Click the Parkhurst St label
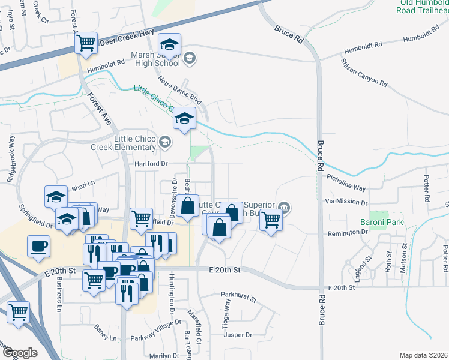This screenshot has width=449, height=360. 238,296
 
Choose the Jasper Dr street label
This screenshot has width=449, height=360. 238,335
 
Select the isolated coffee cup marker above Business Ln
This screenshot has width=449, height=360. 38,245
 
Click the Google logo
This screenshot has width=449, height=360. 20,353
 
